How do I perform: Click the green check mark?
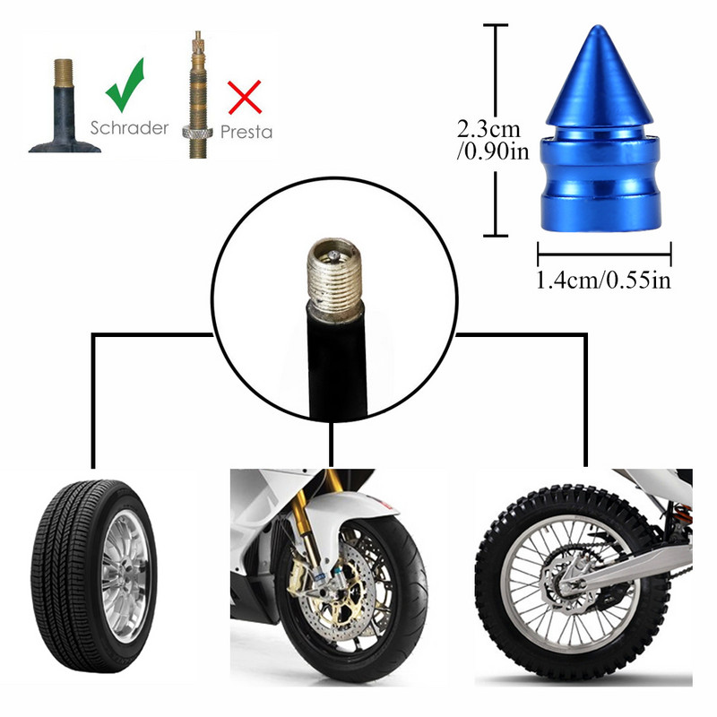pos(125,86)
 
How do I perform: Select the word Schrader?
pos(129,127)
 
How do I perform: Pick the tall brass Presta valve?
pos(196,94)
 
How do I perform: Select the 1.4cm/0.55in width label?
pos(603,281)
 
